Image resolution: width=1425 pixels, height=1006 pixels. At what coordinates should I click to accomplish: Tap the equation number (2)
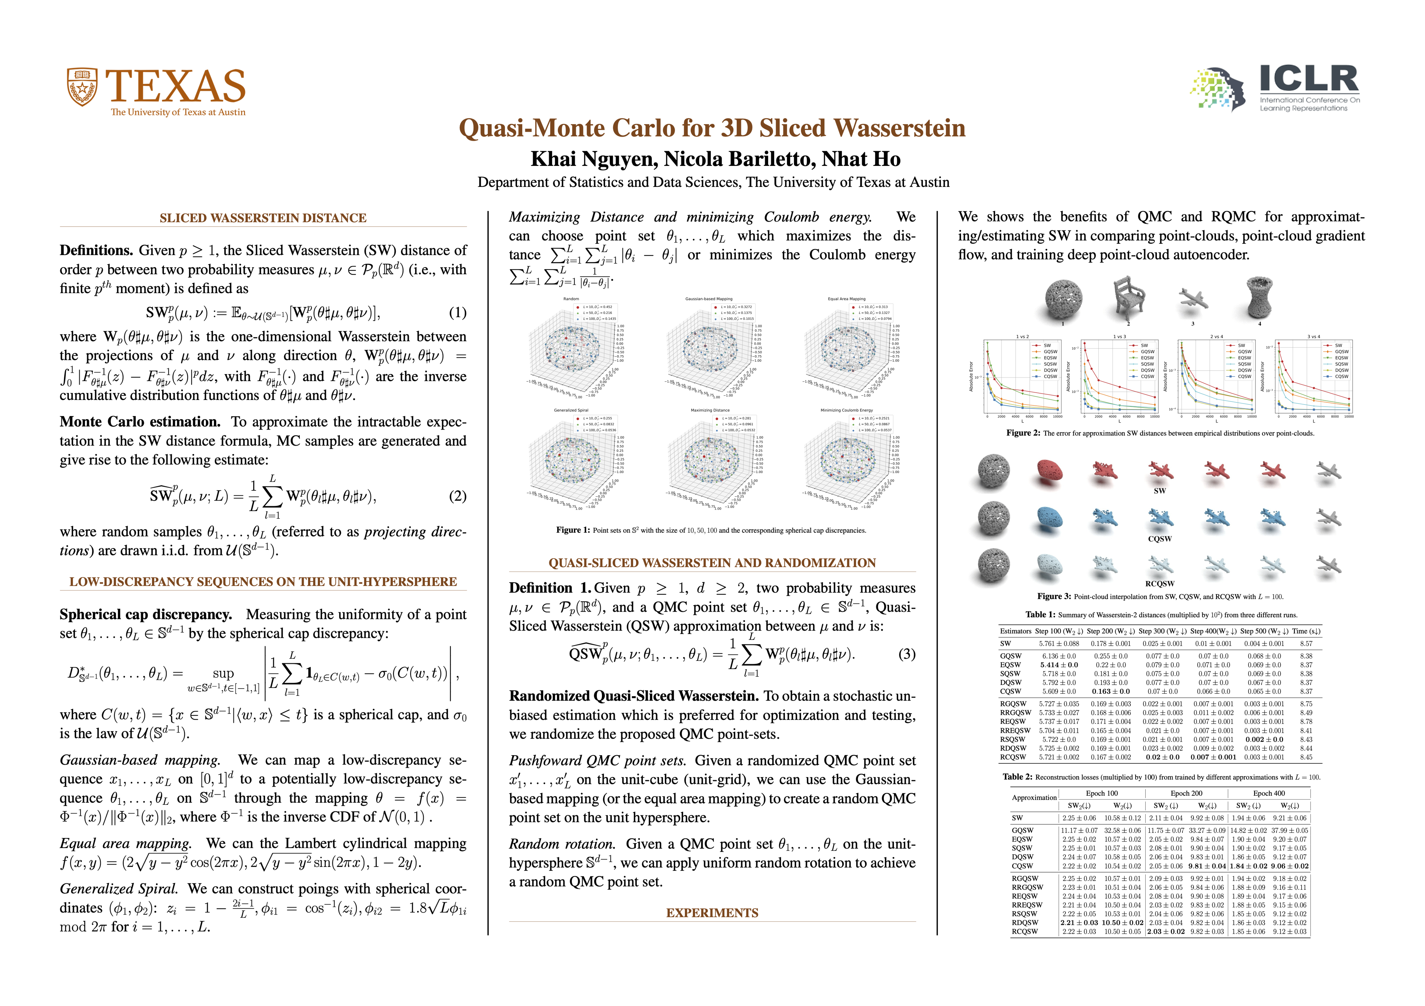point(457,496)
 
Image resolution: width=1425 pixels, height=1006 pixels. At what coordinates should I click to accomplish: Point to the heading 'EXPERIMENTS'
point(712,913)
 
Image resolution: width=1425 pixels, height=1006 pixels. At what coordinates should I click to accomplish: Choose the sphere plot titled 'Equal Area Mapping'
point(846,347)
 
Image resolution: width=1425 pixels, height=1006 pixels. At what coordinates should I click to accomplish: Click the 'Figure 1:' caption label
point(573,530)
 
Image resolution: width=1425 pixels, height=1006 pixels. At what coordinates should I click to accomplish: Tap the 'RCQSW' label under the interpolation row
point(1159,584)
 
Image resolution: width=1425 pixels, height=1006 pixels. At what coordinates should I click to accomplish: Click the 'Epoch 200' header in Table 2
point(1186,793)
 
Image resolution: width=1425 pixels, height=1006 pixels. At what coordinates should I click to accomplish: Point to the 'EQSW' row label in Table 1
point(1010,665)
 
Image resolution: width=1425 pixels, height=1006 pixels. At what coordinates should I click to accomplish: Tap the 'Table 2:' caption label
point(1017,777)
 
